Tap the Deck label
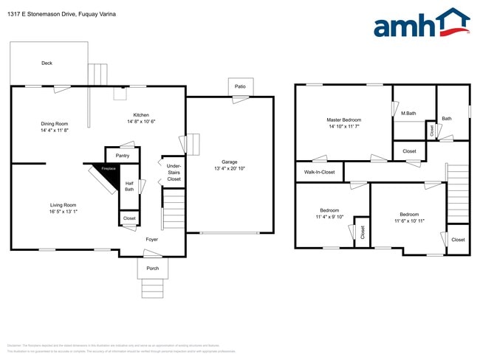(47, 63)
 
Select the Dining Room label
(55, 123)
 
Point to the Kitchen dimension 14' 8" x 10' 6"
(141, 122)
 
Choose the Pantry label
(123, 156)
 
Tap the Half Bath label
(128, 187)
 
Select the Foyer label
(151, 239)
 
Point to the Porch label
(152, 269)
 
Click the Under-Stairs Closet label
(174, 173)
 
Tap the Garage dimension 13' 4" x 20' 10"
(230, 169)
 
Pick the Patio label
(240, 86)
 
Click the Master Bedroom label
(343, 120)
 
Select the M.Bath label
(408, 114)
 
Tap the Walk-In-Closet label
(319, 173)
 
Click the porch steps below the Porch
(152, 288)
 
